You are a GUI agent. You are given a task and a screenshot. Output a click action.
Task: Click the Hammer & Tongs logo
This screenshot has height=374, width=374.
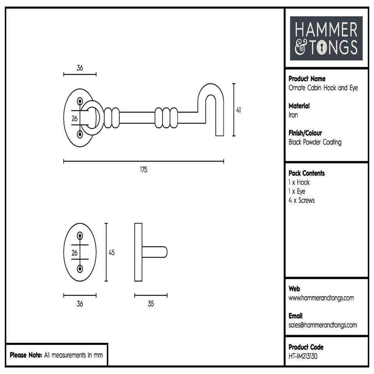[x=326, y=38]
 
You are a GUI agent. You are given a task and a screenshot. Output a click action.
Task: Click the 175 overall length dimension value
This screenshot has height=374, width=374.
[x=143, y=170]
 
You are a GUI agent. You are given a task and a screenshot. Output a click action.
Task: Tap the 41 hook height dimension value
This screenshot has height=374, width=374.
[x=238, y=110]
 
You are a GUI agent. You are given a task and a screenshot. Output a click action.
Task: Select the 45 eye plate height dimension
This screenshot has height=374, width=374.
[x=111, y=252]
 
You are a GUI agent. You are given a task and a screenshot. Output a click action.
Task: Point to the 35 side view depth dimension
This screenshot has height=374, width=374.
[x=151, y=304]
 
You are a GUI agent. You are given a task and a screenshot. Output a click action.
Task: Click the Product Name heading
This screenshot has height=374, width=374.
[x=307, y=79]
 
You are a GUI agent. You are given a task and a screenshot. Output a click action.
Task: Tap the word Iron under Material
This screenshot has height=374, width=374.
[x=293, y=115]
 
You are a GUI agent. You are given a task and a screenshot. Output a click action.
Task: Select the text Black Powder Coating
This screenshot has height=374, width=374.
[x=315, y=142]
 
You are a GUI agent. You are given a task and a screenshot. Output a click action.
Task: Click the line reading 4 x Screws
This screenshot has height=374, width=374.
[x=302, y=201]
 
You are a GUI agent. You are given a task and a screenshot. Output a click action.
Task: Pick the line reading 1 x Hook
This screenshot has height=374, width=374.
[x=299, y=182]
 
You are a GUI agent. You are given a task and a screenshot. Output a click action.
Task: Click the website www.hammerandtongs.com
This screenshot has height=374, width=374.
[x=321, y=298]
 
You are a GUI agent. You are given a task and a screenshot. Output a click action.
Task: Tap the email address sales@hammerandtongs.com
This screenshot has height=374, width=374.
[x=323, y=325]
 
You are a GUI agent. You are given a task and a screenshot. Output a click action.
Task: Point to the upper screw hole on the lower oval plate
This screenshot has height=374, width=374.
[x=80, y=235]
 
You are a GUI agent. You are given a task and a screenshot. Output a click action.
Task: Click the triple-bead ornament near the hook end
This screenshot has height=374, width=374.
[x=166, y=117]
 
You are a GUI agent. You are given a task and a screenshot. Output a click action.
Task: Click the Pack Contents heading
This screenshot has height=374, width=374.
[x=306, y=173]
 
